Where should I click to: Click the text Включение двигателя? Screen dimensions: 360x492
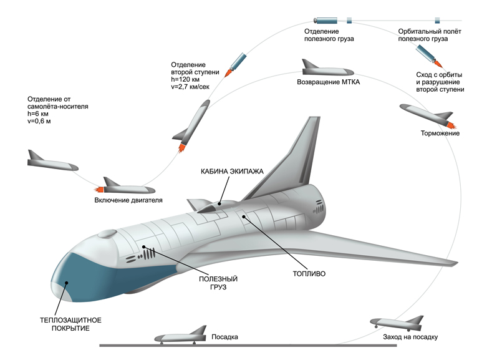click(x=128, y=200)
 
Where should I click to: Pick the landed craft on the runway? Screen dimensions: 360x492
click(x=181, y=336)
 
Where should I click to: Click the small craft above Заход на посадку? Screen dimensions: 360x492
click(x=396, y=323)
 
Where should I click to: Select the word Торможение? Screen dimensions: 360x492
click(x=440, y=133)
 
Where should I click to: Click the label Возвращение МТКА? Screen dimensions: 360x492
click(x=329, y=82)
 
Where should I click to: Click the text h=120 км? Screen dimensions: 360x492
click(x=186, y=79)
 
